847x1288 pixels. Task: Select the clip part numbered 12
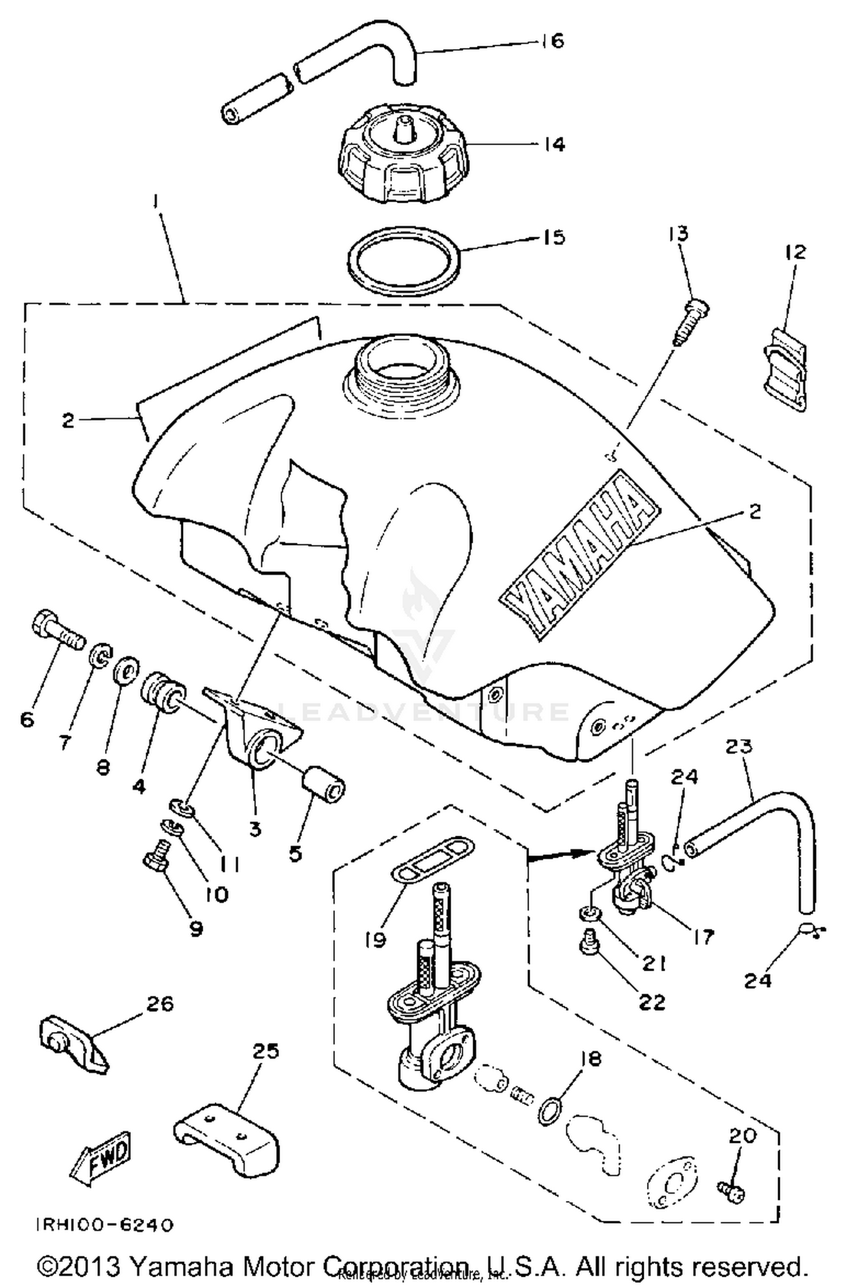point(785,369)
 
